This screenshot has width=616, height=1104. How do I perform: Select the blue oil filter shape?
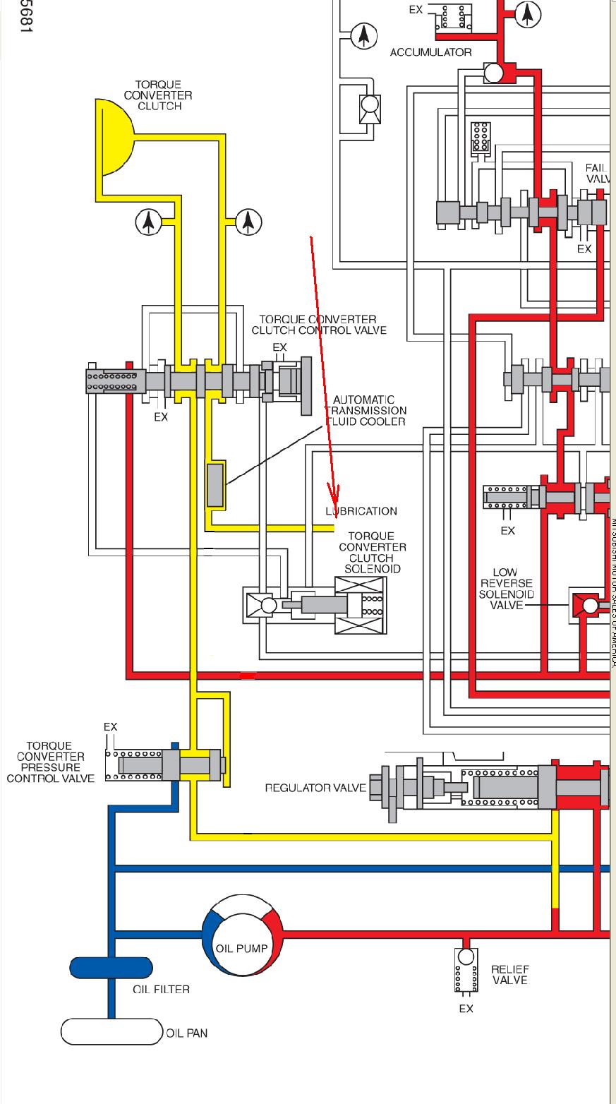point(111,969)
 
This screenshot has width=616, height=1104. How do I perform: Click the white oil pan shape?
point(112,1032)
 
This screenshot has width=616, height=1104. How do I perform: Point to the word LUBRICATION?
point(361,511)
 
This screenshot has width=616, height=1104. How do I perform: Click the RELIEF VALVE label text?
point(510,975)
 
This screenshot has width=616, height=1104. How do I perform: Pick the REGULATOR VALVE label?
point(315,788)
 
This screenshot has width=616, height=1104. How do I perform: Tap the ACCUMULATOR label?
point(430,52)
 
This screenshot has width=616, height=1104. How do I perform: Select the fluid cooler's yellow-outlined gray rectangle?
point(215,485)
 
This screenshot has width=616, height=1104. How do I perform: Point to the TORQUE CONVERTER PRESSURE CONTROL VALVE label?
point(50,762)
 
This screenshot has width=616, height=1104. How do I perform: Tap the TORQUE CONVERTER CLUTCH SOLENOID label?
point(372,553)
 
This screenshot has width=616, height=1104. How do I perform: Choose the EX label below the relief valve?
point(466,1009)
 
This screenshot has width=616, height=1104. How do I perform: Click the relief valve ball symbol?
point(466,957)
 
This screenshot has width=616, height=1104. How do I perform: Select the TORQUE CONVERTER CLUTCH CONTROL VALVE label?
point(319,325)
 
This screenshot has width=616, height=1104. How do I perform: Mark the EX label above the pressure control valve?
point(110,727)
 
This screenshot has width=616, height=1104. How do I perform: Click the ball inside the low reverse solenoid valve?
point(590,605)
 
